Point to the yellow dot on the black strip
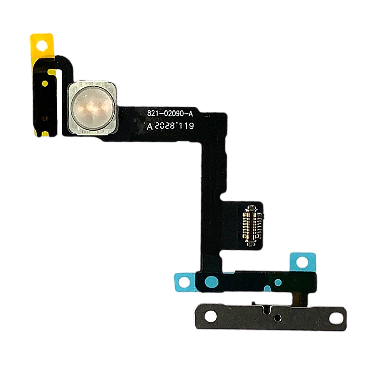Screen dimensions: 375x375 pyautogui.click(x=45, y=83)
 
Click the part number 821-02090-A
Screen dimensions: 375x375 pyautogui.click(x=170, y=114)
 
